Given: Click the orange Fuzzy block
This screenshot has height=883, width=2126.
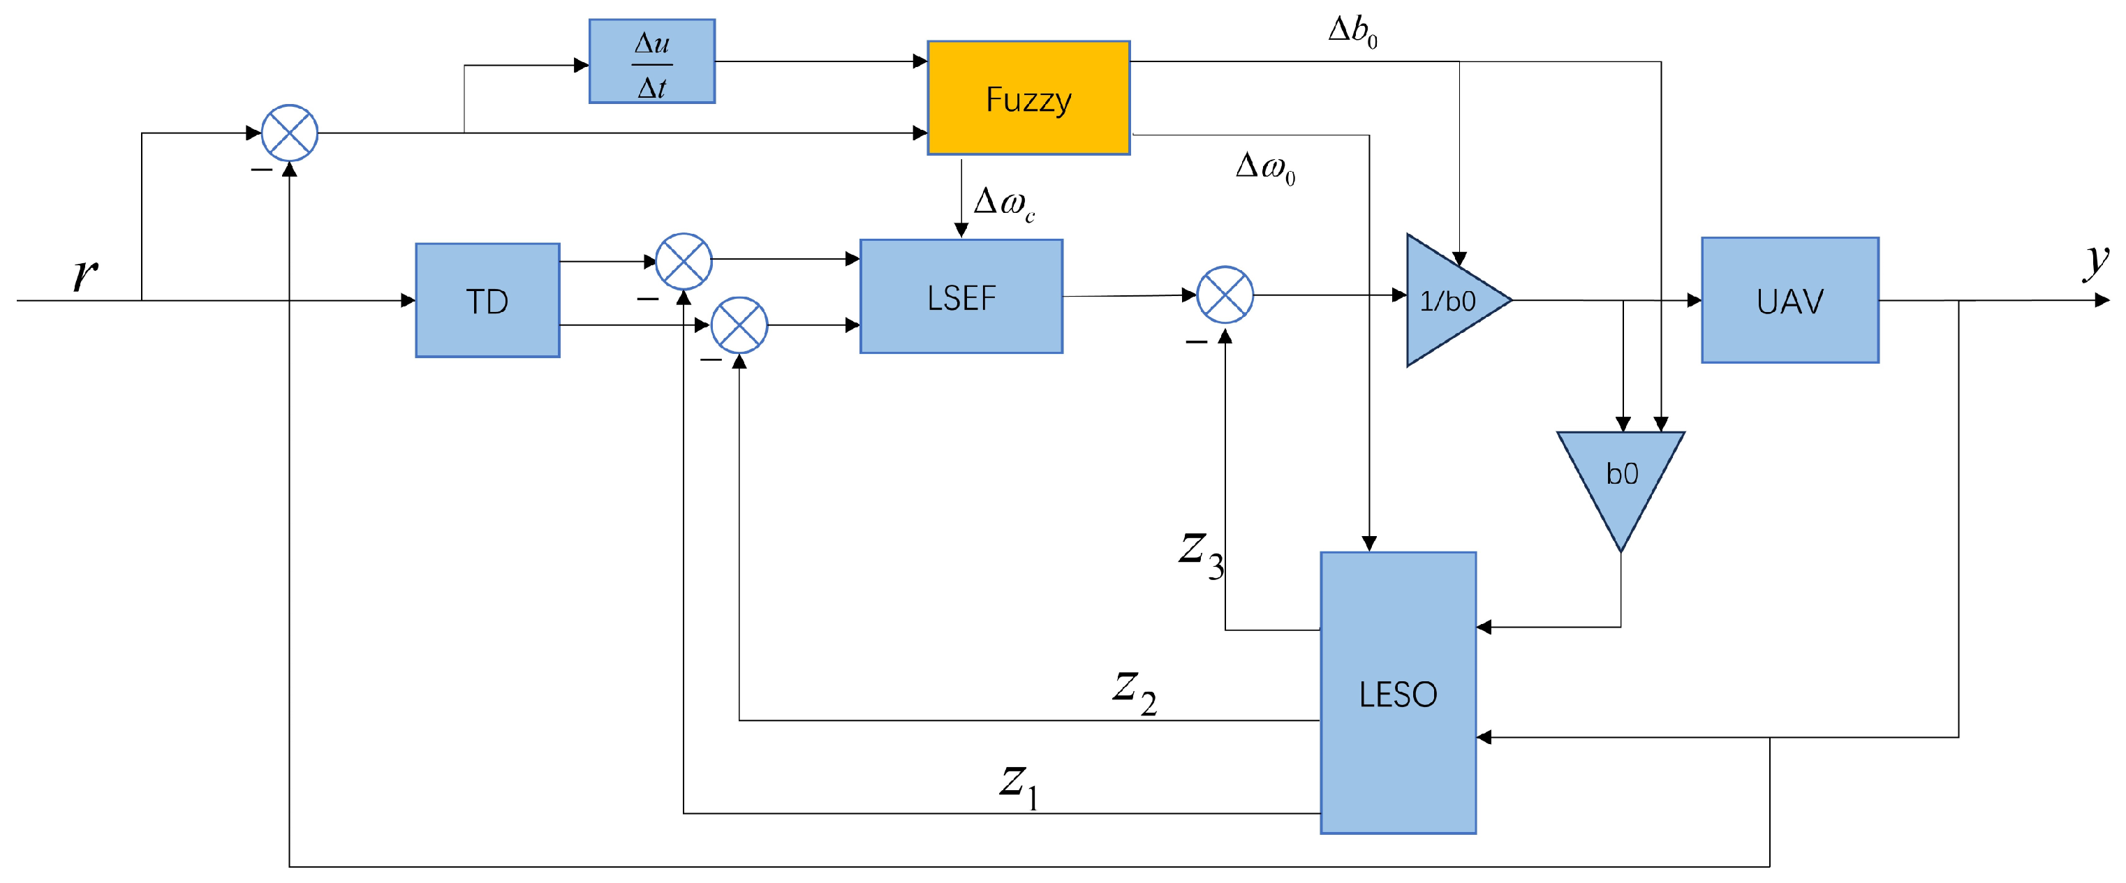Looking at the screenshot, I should pyautogui.click(x=1028, y=98).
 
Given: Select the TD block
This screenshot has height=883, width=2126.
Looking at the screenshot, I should pyautogui.click(x=487, y=300).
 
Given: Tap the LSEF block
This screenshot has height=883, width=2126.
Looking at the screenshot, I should pyautogui.click(x=961, y=297).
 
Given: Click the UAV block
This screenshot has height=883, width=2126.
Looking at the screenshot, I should pyautogui.click(x=1789, y=300).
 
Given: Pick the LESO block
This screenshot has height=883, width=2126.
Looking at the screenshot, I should pyautogui.click(x=1397, y=693).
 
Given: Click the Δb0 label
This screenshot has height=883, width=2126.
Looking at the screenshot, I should pyautogui.click(x=1351, y=31).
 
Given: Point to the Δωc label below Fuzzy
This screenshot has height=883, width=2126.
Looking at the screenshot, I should pyautogui.click(x=1003, y=203).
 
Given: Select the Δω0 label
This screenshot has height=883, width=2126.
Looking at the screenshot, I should pyautogui.click(x=1264, y=168).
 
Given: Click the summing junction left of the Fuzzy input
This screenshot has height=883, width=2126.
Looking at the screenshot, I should pyautogui.click(x=290, y=133).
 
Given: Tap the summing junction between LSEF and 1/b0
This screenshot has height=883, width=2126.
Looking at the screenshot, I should pyautogui.click(x=1225, y=295).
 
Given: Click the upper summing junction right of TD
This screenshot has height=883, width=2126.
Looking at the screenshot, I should pyautogui.click(x=684, y=261).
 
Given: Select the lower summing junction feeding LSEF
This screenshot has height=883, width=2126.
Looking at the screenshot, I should pyautogui.click(x=739, y=325).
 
